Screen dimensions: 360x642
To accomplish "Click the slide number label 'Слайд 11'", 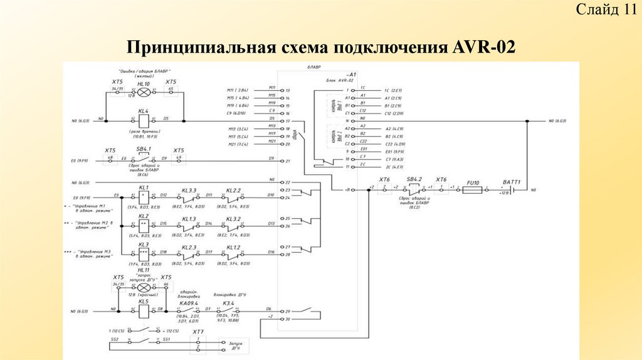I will [x=606, y=9].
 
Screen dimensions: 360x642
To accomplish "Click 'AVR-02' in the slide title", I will [x=482, y=48].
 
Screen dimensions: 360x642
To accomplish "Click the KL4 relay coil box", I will [x=144, y=119].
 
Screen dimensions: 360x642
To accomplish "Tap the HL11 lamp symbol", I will [x=144, y=285].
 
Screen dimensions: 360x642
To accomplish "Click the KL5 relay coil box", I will [x=144, y=309].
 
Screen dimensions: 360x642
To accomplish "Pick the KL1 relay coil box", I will [x=144, y=196].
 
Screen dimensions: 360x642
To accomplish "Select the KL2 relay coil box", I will [x=144, y=223].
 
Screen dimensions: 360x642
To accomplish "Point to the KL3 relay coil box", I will [x=144, y=252].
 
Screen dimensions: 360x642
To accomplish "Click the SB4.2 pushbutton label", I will [x=414, y=179].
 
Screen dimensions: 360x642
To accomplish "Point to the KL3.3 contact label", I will [x=189, y=189].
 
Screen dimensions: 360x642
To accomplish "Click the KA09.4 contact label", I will [x=189, y=302].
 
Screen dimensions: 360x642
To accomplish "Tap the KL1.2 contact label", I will [x=233, y=246].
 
